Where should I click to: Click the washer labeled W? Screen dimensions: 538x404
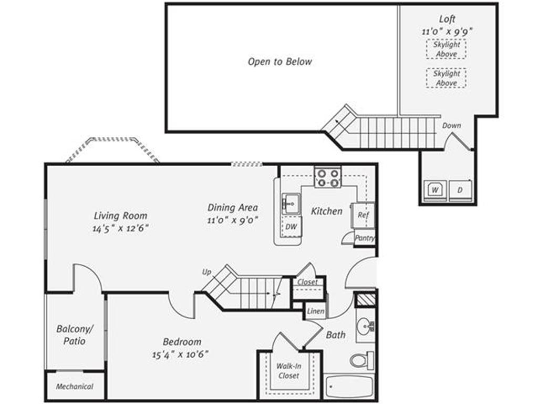[434, 189]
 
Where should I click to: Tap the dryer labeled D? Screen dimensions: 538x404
[460, 189]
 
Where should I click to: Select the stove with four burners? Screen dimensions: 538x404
[328, 177]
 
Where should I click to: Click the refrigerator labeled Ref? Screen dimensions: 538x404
[363, 215]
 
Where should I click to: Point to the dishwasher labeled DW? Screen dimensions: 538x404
[291, 227]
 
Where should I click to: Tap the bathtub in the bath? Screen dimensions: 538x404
[349, 387]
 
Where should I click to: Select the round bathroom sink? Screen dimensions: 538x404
[365, 325]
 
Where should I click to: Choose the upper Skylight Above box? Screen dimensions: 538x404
[446, 49]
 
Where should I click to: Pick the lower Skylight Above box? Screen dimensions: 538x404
[446, 78]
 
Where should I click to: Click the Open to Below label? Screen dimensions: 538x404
[280, 62]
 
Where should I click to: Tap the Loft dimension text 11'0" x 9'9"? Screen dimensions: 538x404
[447, 31]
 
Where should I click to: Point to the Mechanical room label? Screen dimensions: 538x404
[75, 387]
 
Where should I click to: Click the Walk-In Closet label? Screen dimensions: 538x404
[288, 371]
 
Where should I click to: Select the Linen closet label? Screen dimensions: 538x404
[316, 311]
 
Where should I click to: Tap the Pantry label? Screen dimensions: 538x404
[365, 238]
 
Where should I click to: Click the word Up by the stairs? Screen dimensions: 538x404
[206, 272]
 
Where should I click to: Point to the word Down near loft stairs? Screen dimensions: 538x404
[451, 125]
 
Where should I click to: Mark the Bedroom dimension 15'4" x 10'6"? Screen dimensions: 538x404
[181, 354]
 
